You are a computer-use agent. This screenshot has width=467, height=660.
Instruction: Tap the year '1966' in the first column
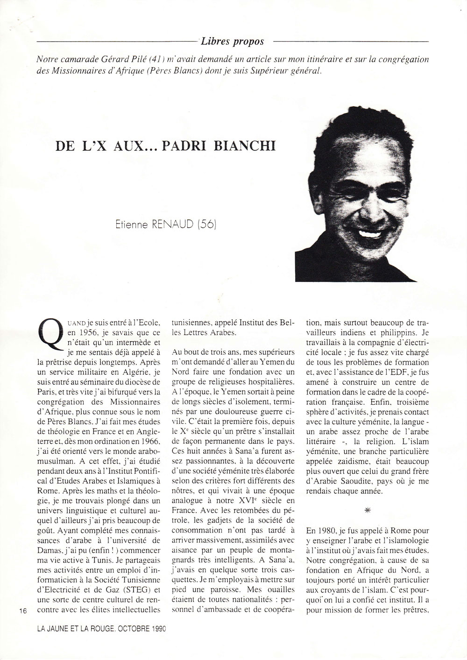[x=149, y=440]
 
